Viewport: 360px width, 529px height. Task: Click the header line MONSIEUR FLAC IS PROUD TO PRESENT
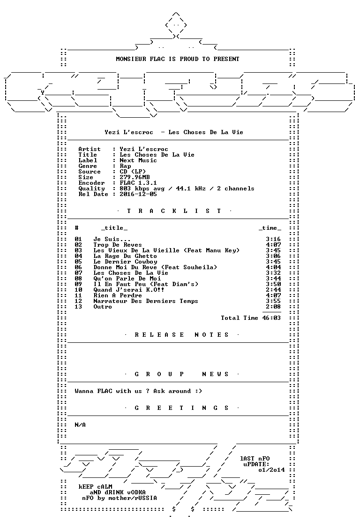[178, 59]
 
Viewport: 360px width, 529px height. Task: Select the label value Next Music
[138, 160]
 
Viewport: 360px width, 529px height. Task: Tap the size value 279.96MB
[135, 177]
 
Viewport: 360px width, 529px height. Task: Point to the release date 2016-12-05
[138, 194]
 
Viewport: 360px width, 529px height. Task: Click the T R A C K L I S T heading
[174, 211]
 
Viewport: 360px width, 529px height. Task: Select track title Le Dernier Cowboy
[125, 262]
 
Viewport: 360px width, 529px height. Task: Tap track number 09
[78, 284]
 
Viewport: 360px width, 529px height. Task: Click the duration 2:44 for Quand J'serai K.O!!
[273, 290]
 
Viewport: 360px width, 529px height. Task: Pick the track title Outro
[103, 307]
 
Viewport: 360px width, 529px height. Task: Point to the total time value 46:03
[271, 318]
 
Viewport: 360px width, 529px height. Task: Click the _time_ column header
[270, 228]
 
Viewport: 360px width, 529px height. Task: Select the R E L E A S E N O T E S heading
[182, 335]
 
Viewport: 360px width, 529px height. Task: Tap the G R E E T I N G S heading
[182, 408]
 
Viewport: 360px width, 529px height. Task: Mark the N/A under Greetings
[80, 425]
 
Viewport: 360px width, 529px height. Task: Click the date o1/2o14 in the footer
[271, 470]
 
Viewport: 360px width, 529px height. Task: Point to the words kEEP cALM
[95, 487]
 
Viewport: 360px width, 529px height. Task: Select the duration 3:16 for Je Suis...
[273, 239]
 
